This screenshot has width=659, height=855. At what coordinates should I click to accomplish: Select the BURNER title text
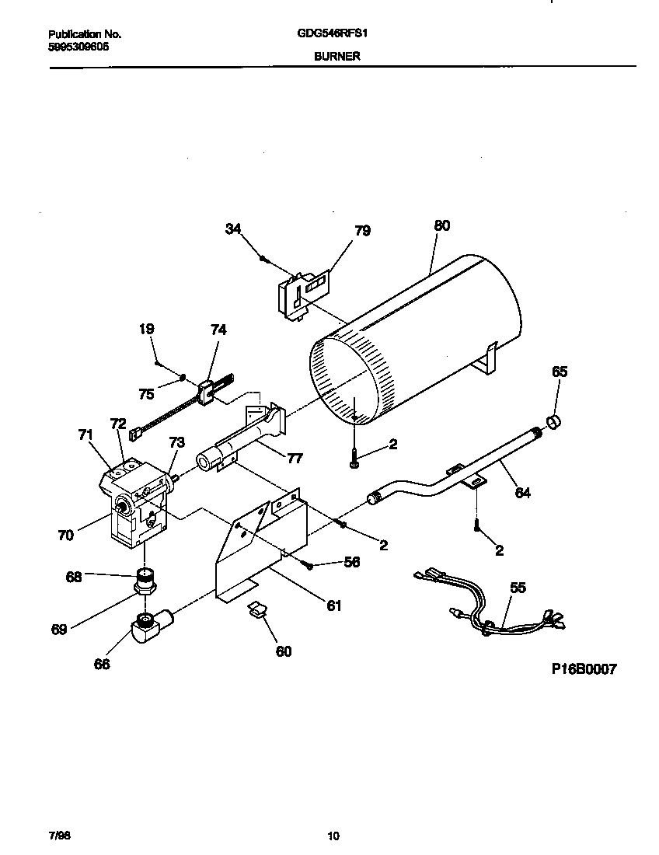point(336,57)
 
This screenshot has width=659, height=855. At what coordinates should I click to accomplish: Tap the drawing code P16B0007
point(584,669)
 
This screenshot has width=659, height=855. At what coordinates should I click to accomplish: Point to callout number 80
point(441,226)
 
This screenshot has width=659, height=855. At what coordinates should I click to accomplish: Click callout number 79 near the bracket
point(362,231)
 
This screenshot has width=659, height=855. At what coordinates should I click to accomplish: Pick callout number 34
point(232,229)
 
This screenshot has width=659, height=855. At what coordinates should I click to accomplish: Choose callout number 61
point(333,605)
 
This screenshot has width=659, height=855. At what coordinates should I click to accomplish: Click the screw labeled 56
point(309,565)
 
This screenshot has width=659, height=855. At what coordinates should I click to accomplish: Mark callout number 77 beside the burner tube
point(295,458)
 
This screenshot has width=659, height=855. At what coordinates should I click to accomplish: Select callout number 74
point(218,330)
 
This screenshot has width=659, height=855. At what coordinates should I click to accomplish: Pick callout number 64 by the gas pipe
point(522,493)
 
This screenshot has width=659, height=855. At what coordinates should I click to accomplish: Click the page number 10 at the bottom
point(333,836)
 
